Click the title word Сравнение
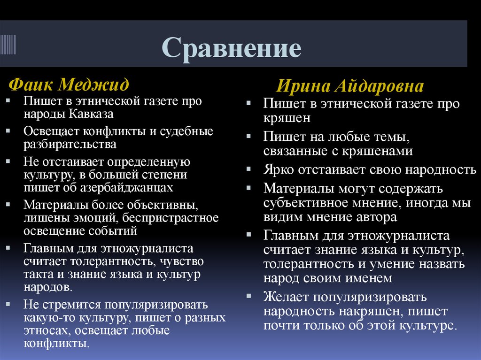pos(232,48)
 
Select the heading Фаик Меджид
pos(69,85)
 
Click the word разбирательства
pos(70,144)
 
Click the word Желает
pos(286,297)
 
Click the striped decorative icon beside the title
pos(8,44)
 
